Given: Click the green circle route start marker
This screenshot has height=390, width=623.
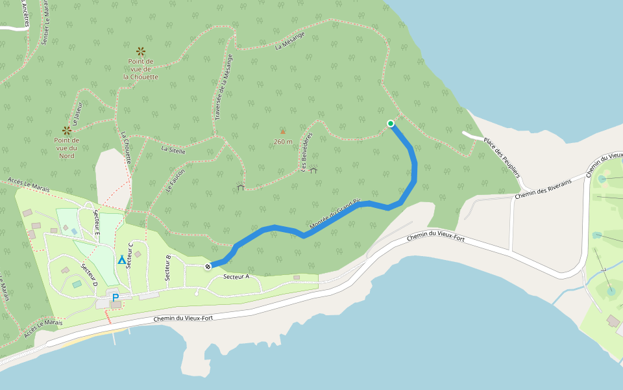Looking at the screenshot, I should (391, 123).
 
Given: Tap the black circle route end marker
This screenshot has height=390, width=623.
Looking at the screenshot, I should (208, 266).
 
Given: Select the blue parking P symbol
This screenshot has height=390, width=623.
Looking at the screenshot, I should (116, 298).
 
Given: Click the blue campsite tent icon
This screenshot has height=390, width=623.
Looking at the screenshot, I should (121, 260).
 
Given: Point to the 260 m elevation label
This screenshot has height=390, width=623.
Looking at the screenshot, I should (283, 142).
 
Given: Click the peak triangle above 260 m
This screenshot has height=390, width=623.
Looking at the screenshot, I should (282, 131).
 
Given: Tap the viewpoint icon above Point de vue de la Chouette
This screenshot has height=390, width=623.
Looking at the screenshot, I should (140, 51).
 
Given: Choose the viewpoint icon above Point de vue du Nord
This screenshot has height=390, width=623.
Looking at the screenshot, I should (66, 130).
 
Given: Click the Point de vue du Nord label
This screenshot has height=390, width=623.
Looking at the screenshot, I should (66, 148).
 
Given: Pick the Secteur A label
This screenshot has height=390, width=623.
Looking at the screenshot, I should (236, 277).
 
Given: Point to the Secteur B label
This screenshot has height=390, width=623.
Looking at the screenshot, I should (168, 268).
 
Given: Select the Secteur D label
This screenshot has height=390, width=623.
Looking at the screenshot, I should (90, 274).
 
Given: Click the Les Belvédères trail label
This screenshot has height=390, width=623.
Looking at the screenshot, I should (306, 151).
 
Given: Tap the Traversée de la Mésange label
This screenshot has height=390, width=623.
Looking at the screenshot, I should (223, 87).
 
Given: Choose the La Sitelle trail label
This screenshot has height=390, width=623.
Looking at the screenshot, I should (173, 150).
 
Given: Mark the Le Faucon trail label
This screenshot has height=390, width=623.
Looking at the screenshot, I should (175, 181).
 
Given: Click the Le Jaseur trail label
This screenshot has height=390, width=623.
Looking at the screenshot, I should (78, 113).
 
